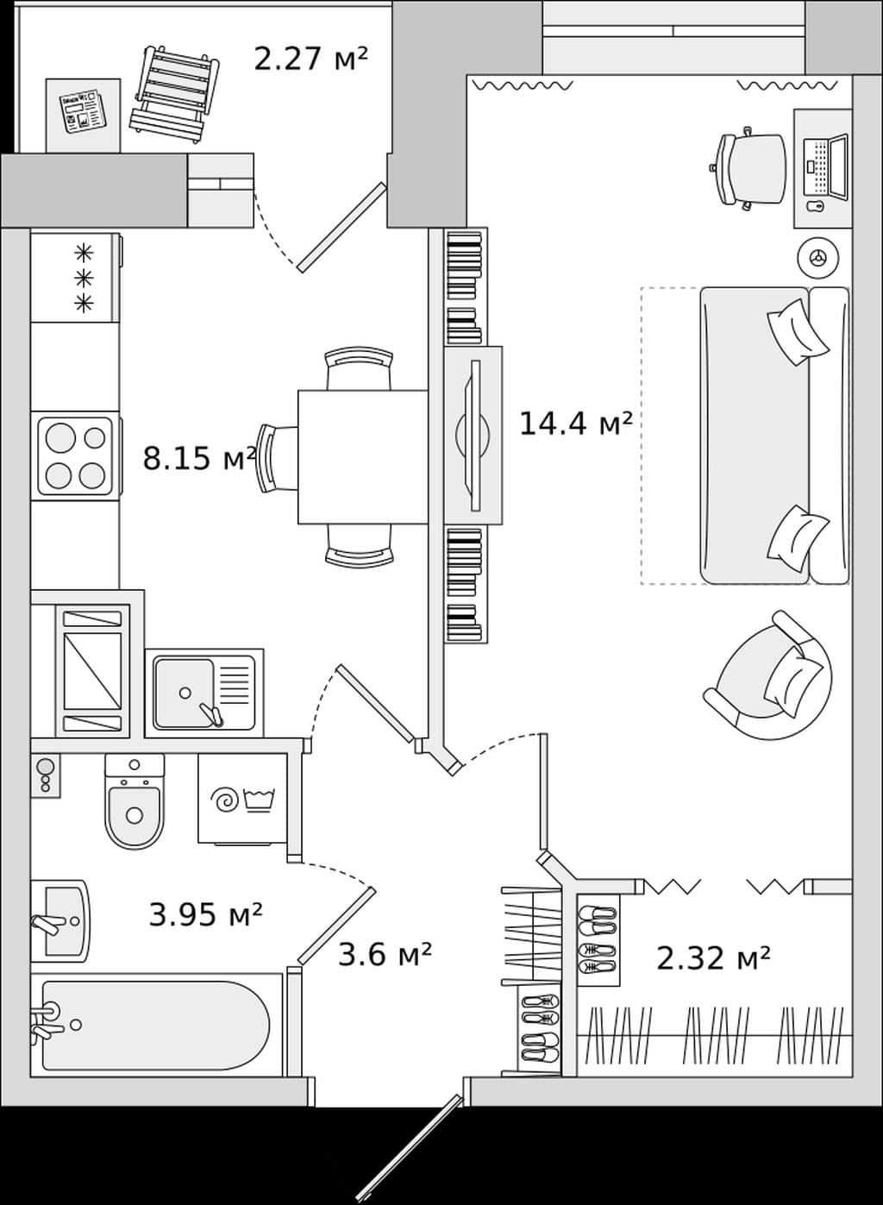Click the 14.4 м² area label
pos(575,424)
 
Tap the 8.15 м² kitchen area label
pos(199,460)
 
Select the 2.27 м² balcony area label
pos(310,60)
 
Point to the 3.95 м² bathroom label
pos(205,914)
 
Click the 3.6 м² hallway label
pos(385,955)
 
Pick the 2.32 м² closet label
pos(714,958)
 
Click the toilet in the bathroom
pos(135,801)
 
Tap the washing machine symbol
pos(242,799)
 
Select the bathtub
pos(156,1026)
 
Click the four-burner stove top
pos(75,456)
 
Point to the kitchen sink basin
pos(185,693)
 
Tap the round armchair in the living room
pos(768,676)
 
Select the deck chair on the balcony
pos(174,95)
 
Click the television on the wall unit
pos(473,436)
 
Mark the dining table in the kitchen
pos(364,456)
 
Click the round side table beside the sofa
pos(818,257)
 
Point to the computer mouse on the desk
pos(816,206)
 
